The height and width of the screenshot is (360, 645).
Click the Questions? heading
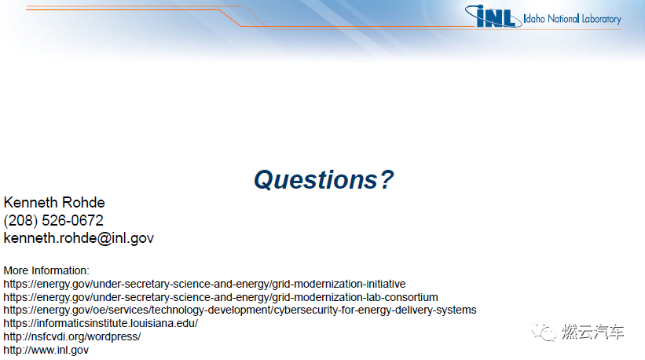pyautogui.click(x=324, y=180)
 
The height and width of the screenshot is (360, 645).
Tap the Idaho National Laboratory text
pyautogui.click(x=572, y=19)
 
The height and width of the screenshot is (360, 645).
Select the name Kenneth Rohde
pyautogui.click(x=54, y=203)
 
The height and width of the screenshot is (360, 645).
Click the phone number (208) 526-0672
pyautogui.click(x=53, y=221)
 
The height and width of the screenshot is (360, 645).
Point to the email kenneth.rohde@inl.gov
pyautogui.click(x=79, y=238)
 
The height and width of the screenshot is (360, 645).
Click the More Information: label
pyautogui.click(x=46, y=270)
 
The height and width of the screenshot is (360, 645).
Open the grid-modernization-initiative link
pyautogui.click(x=204, y=285)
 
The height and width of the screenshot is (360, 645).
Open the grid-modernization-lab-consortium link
pyautogui.click(x=221, y=297)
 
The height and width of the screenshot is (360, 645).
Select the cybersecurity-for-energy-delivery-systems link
pyautogui.click(x=240, y=310)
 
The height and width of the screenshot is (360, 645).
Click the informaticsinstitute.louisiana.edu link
pyautogui.click(x=101, y=323)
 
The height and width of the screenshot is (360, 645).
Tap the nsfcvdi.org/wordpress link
pyautogui.click(x=72, y=336)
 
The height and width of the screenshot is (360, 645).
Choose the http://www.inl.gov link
pyautogui.click(x=46, y=350)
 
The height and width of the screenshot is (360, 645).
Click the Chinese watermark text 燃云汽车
pyautogui.click(x=593, y=332)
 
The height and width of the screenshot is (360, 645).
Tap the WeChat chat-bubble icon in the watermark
pyautogui.click(x=544, y=331)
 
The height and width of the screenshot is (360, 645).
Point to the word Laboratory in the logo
pyautogui.click(x=601, y=19)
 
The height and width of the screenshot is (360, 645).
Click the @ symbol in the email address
pyautogui.click(x=104, y=239)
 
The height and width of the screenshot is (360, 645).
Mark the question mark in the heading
pyautogui.click(x=387, y=179)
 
